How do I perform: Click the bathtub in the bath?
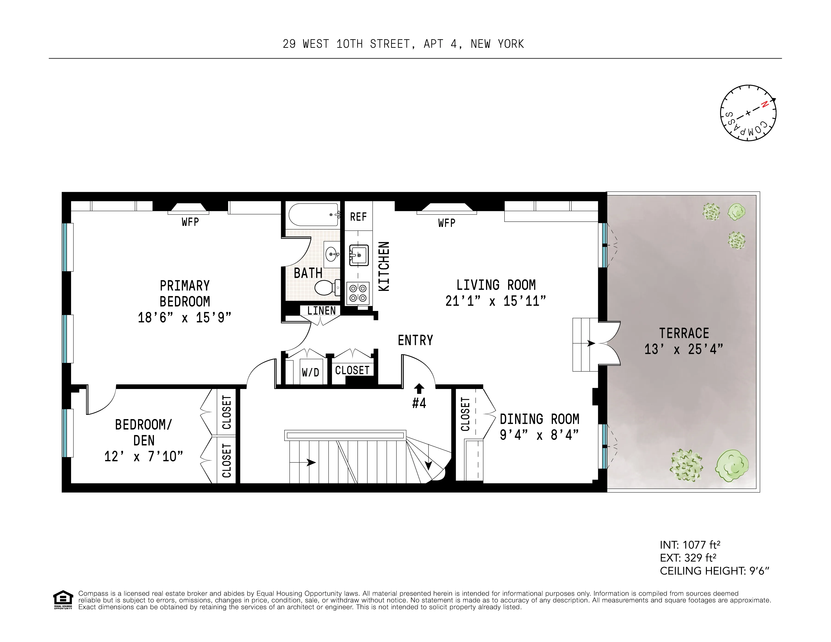(313, 215)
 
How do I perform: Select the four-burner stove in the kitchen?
(358, 293)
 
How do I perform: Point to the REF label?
(358, 217)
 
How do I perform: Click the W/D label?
(310, 372)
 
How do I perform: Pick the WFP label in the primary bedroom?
(190, 222)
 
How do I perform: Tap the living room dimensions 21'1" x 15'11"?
(495, 301)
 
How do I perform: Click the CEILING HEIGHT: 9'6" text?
(714, 571)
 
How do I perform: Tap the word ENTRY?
(415, 340)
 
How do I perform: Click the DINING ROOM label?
(539, 419)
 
